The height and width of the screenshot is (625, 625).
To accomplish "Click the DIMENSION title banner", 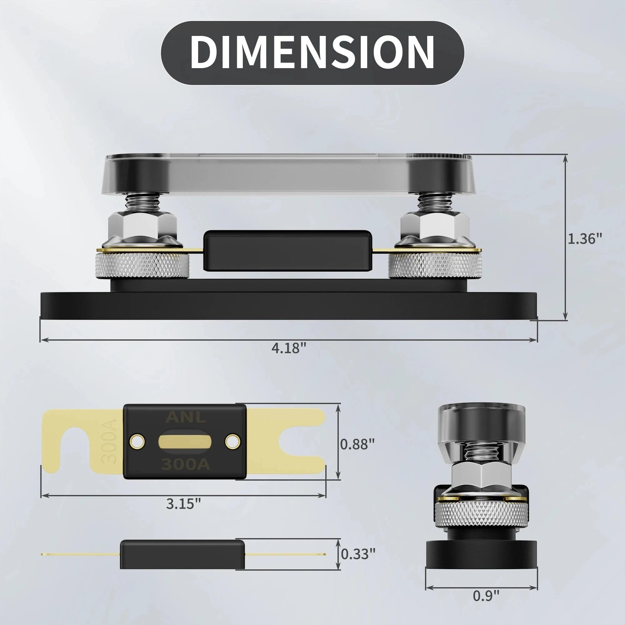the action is click(312, 53).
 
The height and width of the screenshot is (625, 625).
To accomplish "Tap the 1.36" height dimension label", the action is click(585, 239).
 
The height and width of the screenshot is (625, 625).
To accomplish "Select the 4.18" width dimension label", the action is click(289, 348).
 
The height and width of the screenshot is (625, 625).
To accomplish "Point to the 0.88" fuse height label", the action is click(357, 444).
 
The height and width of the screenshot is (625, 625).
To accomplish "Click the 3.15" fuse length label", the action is click(184, 504).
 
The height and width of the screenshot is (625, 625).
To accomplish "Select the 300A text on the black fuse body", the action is click(186, 465).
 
